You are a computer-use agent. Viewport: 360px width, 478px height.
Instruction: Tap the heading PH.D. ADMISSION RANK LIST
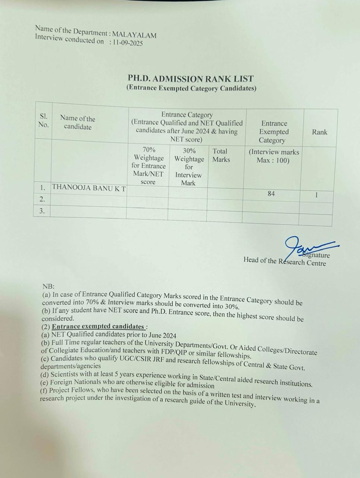(191, 79)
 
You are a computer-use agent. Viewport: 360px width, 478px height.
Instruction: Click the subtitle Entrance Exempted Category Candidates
(191, 88)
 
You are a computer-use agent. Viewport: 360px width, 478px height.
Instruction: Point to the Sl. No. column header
(43, 120)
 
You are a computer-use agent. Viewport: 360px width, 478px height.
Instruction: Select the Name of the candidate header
(78, 122)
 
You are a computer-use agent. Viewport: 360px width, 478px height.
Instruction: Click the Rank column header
(319, 132)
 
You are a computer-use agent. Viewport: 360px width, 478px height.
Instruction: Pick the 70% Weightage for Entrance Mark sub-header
(148, 166)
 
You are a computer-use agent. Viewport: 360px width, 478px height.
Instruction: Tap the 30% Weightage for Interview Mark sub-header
(189, 167)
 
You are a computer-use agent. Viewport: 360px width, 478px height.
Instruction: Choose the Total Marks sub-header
(221, 155)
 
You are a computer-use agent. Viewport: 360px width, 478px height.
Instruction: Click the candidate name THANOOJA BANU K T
(89, 188)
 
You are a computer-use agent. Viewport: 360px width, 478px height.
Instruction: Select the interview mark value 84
(271, 193)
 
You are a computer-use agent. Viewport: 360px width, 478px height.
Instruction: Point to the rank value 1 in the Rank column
(316, 195)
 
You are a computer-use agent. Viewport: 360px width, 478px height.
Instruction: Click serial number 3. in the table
(42, 211)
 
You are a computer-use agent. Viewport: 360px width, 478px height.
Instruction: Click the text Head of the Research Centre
(285, 261)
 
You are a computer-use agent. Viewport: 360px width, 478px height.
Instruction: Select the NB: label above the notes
(48, 286)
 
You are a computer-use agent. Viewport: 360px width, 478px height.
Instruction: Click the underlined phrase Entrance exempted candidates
(98, 326)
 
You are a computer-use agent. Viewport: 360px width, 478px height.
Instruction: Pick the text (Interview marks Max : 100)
(273, 156)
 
